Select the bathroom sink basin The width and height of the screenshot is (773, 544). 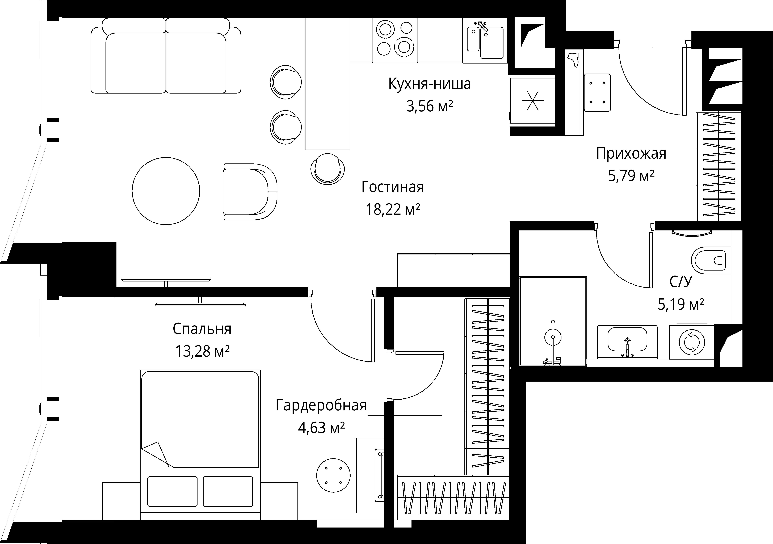click(627, 340)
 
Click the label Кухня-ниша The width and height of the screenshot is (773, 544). click(430, 84)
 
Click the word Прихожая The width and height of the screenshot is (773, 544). click(631, 154)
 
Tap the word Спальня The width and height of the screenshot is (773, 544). click(202, 329)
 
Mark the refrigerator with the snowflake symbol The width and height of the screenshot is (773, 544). click(532, 101)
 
